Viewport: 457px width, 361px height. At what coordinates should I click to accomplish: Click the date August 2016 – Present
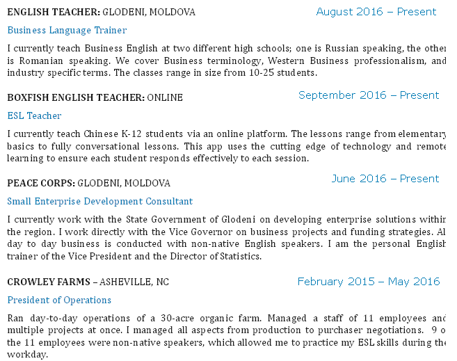pos(376,12)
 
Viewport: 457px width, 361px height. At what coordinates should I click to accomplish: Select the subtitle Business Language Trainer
pos(67,31)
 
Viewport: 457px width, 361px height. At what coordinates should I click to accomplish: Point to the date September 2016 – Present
pos(369,95)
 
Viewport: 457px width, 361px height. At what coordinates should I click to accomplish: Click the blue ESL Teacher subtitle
pos(34,115)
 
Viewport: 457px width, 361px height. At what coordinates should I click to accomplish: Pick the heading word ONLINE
pos(165,97)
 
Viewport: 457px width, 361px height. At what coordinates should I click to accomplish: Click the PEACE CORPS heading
pos(40,183)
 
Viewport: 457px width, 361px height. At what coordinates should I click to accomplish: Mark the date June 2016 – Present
pos(385,179)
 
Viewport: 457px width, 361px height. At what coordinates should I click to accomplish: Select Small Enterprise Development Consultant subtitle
pos(99,201)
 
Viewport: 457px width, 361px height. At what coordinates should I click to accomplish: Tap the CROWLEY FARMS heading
pos(48,282)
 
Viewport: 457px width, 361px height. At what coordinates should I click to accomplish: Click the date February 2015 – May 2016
pos(369,282)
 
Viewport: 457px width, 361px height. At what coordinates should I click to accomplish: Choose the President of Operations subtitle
pos(59,300)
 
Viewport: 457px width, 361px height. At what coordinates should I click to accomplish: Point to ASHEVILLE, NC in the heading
pos(134,282)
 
